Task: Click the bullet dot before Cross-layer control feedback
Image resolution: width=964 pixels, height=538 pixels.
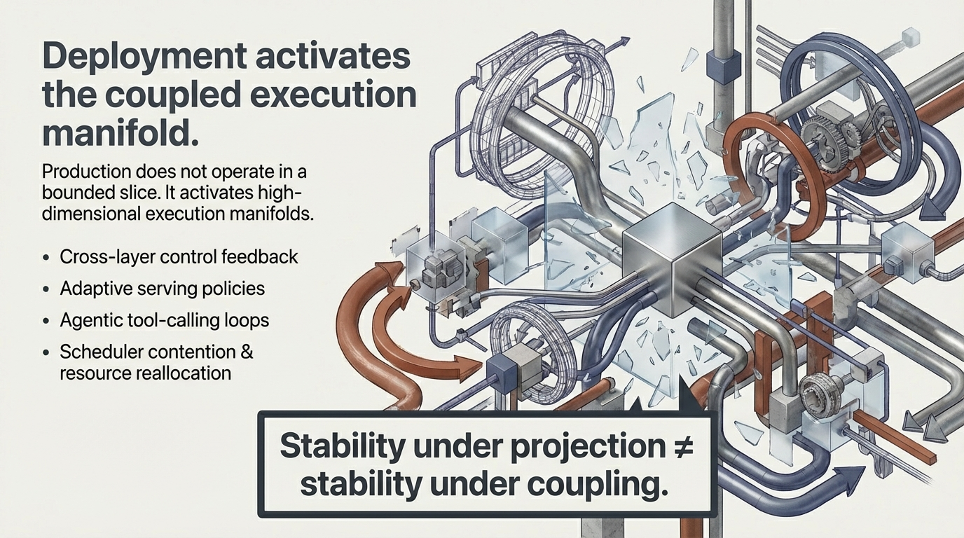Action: [46, 258]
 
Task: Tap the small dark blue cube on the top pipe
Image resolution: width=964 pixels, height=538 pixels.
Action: [724, 68]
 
